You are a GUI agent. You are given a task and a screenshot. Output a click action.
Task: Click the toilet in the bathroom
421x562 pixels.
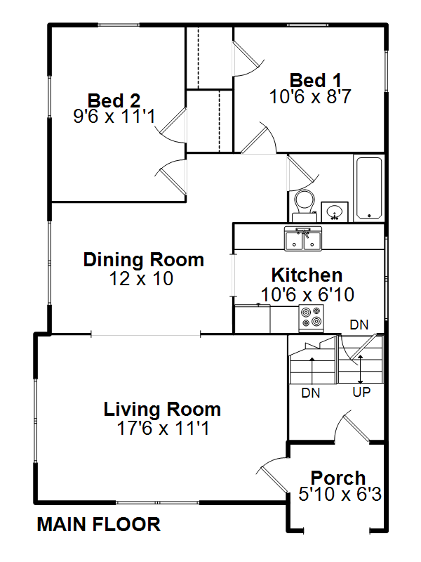[305, 205]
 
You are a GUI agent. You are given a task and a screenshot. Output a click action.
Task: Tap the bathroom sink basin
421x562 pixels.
[335, 212]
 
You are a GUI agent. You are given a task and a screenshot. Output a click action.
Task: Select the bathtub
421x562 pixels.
[369, 188]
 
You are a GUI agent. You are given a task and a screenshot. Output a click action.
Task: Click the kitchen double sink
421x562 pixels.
[303, 238]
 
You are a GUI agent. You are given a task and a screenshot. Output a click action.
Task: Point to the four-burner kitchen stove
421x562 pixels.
[311, 318]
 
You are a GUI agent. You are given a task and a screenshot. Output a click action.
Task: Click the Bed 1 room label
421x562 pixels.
[315, 80]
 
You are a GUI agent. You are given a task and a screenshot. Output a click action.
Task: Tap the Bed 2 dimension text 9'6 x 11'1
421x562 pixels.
[114, 116]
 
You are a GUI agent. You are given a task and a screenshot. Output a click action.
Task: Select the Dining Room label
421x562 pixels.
[144, 260]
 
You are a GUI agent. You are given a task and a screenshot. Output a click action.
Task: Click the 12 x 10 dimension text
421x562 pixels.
[141, 278]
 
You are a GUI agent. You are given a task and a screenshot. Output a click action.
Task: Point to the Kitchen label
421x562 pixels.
[307, 275]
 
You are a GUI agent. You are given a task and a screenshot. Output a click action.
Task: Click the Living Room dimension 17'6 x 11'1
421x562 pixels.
[163, 428]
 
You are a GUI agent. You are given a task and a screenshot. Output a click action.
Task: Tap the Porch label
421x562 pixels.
[338, 478]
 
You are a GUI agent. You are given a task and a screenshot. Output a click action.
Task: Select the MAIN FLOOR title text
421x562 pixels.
[98, 524]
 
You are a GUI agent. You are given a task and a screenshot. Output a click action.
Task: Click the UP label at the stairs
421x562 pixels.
[361, 393]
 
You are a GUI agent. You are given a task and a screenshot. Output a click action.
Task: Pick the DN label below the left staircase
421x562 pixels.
[310, 393]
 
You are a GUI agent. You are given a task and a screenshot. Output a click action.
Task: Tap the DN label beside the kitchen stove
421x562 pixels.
[359, 325]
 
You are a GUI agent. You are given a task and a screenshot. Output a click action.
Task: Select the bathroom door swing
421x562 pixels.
[302, 173]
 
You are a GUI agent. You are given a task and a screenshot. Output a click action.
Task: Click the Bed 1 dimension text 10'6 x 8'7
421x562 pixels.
[310, 96]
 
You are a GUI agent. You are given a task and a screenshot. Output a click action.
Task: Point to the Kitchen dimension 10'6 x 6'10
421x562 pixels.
[307, 294]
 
